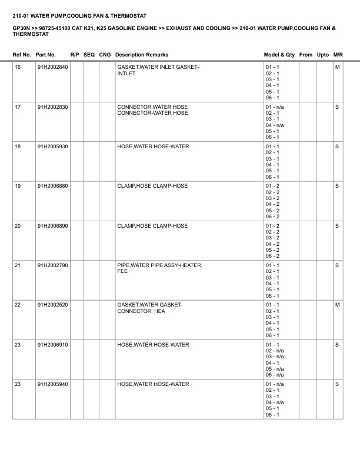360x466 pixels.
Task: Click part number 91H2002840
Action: [x=52, y=67]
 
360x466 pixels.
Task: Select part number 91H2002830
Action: [x=52, y=106]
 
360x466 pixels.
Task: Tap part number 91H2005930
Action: [x=52, y=146]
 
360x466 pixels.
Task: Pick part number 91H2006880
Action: [x=52, y=186]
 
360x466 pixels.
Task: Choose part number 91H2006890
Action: [x=52, y=225]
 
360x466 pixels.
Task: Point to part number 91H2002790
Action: [x=52, y=265]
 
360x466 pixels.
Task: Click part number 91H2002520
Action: [x=52, y=305]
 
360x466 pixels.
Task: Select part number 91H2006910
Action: [x=52, y=344]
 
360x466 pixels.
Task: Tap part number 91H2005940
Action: [x=52, y=384]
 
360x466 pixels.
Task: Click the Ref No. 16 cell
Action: [x=18, y=67]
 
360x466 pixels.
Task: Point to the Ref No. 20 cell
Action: [x=18, y=225]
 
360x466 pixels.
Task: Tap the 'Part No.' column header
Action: [x=46, y=55]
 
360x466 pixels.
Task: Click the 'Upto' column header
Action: [x=323, y=55]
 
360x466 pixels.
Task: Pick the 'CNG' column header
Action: [x=105, y=55]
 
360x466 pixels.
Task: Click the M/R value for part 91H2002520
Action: [x=337, y=305]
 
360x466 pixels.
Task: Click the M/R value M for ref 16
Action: [x=337, y=67]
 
